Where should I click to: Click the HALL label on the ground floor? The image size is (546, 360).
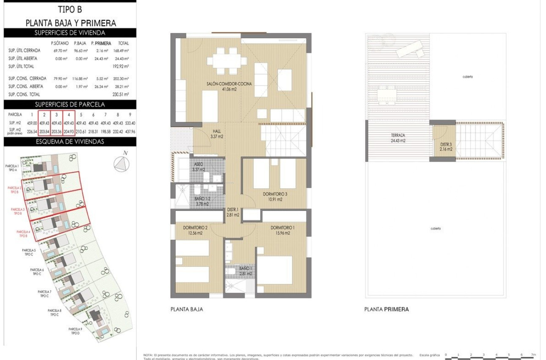coord(217,134)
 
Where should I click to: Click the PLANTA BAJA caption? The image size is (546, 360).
coord(186,310)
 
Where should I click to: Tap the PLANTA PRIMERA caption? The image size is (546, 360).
coord(386,310)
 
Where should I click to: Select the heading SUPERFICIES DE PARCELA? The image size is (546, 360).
coord(70,105)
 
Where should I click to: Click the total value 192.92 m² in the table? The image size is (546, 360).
coord(120,66)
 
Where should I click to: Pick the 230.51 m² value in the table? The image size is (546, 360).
coord(120,94)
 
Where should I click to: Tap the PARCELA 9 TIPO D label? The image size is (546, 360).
coord(75,331)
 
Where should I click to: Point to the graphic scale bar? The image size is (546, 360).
coord(491,357)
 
